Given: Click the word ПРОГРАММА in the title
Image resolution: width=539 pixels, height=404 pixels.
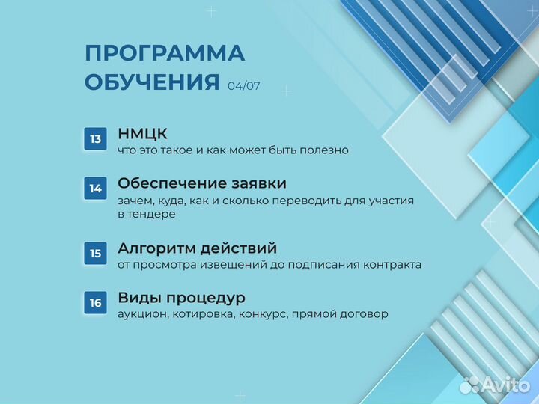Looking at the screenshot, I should coord(165,54).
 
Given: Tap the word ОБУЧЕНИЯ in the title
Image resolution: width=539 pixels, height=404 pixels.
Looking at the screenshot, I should coord(153,82).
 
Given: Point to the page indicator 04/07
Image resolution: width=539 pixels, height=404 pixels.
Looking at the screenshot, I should coord(244,86).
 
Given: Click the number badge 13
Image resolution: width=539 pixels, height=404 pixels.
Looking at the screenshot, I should coord(96,139).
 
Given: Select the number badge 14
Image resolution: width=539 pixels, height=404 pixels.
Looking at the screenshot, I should coord(96,189).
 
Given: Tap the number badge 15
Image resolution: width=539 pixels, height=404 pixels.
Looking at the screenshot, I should coord(96,254).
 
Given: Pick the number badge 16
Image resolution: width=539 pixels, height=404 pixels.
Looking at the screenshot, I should coord(96,303).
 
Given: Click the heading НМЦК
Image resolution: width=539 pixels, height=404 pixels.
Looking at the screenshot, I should coord(142,134).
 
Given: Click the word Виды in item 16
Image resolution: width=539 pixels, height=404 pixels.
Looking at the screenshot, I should coord(138,298).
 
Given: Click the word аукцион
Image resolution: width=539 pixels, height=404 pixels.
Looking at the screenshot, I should coord(141,314).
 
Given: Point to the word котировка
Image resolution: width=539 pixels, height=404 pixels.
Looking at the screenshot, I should coord(204,314).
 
